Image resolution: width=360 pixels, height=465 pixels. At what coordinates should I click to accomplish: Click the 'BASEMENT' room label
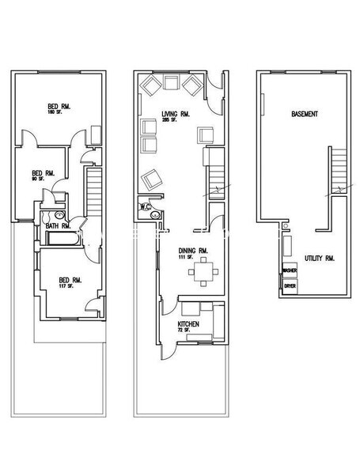click(x=305, y=115)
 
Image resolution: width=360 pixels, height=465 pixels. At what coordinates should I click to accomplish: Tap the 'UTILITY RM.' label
click(x=319, y=259)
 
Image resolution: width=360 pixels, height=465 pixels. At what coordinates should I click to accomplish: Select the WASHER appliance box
click(x=289, y=270)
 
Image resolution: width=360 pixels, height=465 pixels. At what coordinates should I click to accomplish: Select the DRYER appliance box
click(x=289, y=285)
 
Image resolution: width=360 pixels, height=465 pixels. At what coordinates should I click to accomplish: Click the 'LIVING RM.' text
click(x=176, y=115)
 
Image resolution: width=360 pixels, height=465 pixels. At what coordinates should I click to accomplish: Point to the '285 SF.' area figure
click(x=172, y=123)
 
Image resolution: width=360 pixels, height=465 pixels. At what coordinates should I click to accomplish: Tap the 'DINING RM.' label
click(x=192, y=251)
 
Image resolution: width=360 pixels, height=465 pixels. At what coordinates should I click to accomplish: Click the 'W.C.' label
click(x=145, y=207)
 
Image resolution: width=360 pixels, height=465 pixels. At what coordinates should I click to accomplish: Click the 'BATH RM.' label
click(x=59, y=227)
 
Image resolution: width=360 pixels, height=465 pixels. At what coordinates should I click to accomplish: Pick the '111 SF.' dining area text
click(x=188, y=258)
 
